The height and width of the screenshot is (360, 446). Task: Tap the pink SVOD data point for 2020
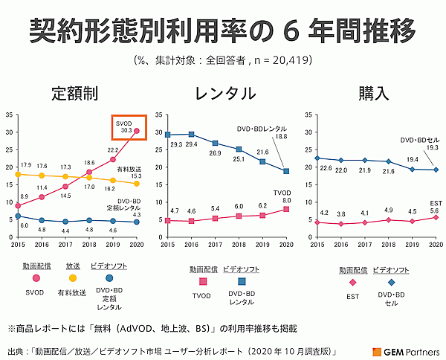(x=136, y=131)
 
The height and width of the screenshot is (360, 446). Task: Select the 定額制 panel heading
(x=75, y=94)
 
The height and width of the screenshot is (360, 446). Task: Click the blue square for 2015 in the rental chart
(x=168, y=135)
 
